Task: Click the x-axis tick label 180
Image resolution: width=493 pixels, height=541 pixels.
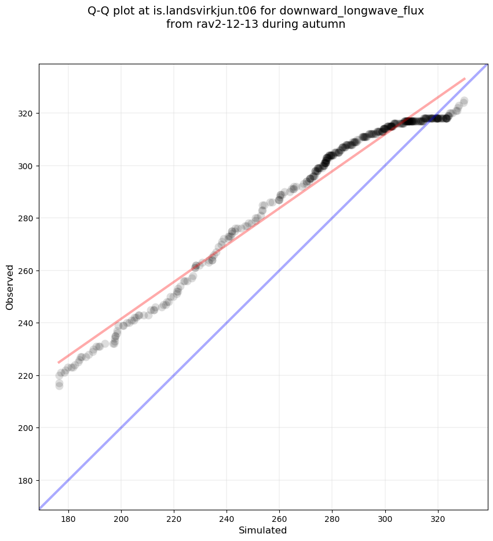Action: click(x=68, y=518)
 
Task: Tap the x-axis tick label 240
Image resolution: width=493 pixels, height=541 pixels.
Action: click(x=227, y=518)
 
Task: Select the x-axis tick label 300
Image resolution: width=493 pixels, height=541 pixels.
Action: click(x=385, y=518)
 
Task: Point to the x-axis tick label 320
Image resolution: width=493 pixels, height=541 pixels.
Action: click(x=437, y=518)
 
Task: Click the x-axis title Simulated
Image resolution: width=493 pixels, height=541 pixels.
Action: click(x=263, y=530)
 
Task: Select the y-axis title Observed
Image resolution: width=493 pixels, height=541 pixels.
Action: click(x=10, y=287)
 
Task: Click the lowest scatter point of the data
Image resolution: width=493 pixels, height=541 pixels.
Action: click(x=59, y=386)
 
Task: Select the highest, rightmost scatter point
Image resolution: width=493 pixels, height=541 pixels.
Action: click(x=464, y=101)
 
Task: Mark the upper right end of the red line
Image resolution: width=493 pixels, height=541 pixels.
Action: click(x=465, y=78)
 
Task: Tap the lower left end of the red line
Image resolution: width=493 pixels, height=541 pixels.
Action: click(x=59, y=363)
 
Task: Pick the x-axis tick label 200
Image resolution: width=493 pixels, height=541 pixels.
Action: click(x=121, y=518)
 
